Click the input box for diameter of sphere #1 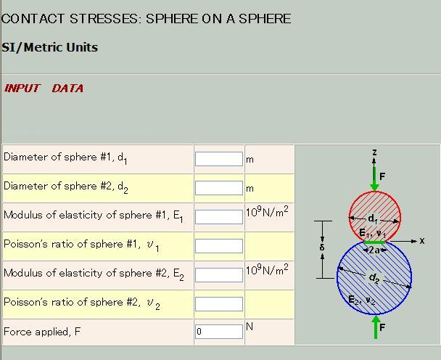click(x=218, y=158)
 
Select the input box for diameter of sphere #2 click(x=218, y=187)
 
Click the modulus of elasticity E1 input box click(x=218, y=216)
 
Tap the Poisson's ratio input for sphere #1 click(x=218, y=245)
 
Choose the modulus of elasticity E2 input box click(x=218, y=274)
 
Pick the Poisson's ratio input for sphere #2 click(x=218, y=303)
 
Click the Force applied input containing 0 click(x=218, y=332)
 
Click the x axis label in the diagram click(x=421, y=241)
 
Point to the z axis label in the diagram click(x=374, y=152)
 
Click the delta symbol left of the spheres click(x=322, y=247)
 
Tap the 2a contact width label click(x=375, y=250)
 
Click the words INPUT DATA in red click(x=44, y=89)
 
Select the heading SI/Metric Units click(x=49, y=48)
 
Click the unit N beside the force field click(x=250, y=327)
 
